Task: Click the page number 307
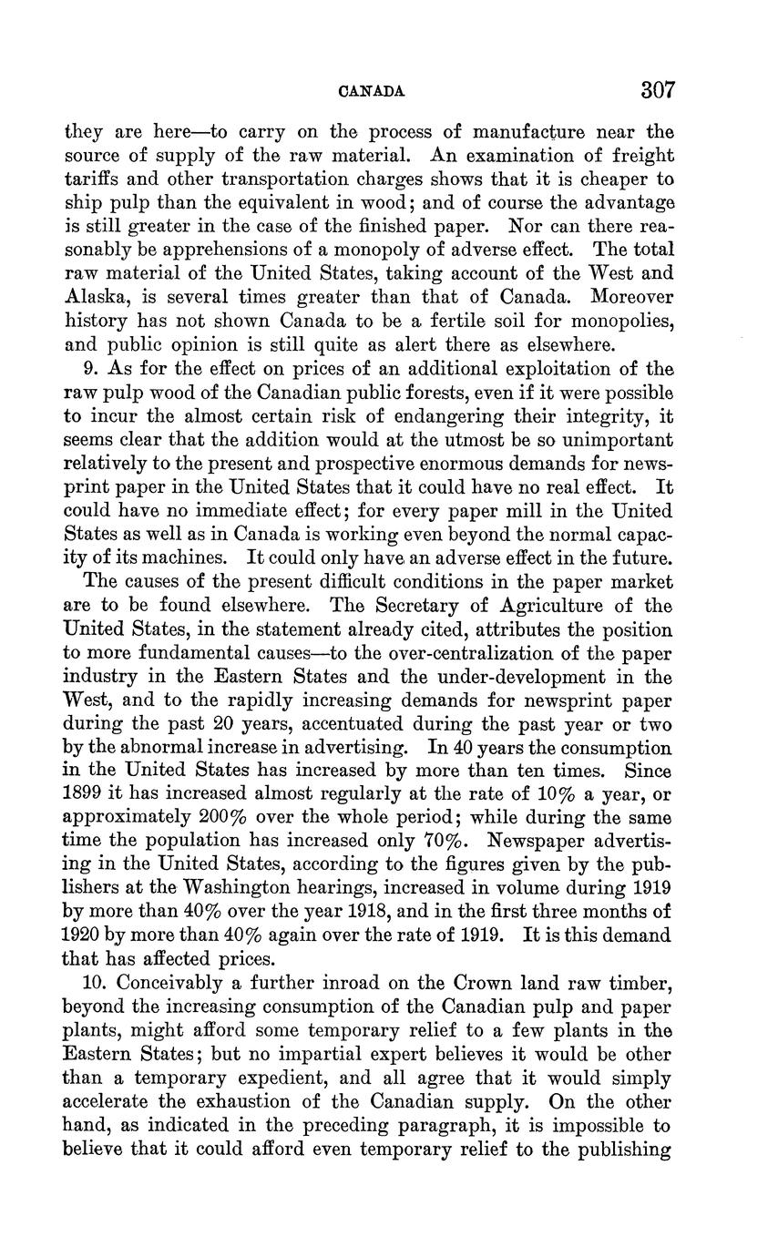[x=657, y=90]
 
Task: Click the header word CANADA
[x=371, y=92]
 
